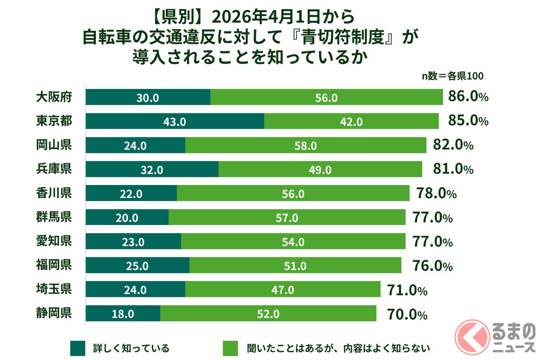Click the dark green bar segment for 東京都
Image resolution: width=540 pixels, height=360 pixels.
point(175,121)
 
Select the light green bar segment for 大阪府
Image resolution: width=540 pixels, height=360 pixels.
point(327,97)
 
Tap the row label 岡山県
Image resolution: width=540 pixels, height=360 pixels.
point(54,145)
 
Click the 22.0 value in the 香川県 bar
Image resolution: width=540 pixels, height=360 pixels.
point(132,193)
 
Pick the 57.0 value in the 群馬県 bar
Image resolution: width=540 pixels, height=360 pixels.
point(287,218)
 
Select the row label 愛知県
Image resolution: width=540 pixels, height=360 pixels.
point(54,242)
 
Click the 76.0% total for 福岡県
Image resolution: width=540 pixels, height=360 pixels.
point(432,266)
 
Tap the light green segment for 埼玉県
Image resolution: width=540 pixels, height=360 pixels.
point(283,290)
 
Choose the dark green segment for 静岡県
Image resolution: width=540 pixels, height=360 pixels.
point(123,314)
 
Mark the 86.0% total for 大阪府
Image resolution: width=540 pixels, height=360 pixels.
point(468,97)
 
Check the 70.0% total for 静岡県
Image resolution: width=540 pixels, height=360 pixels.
point(406,314)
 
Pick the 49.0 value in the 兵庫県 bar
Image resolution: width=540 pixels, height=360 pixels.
point(320,169)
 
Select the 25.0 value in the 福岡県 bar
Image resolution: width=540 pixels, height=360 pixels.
point(137,266)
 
